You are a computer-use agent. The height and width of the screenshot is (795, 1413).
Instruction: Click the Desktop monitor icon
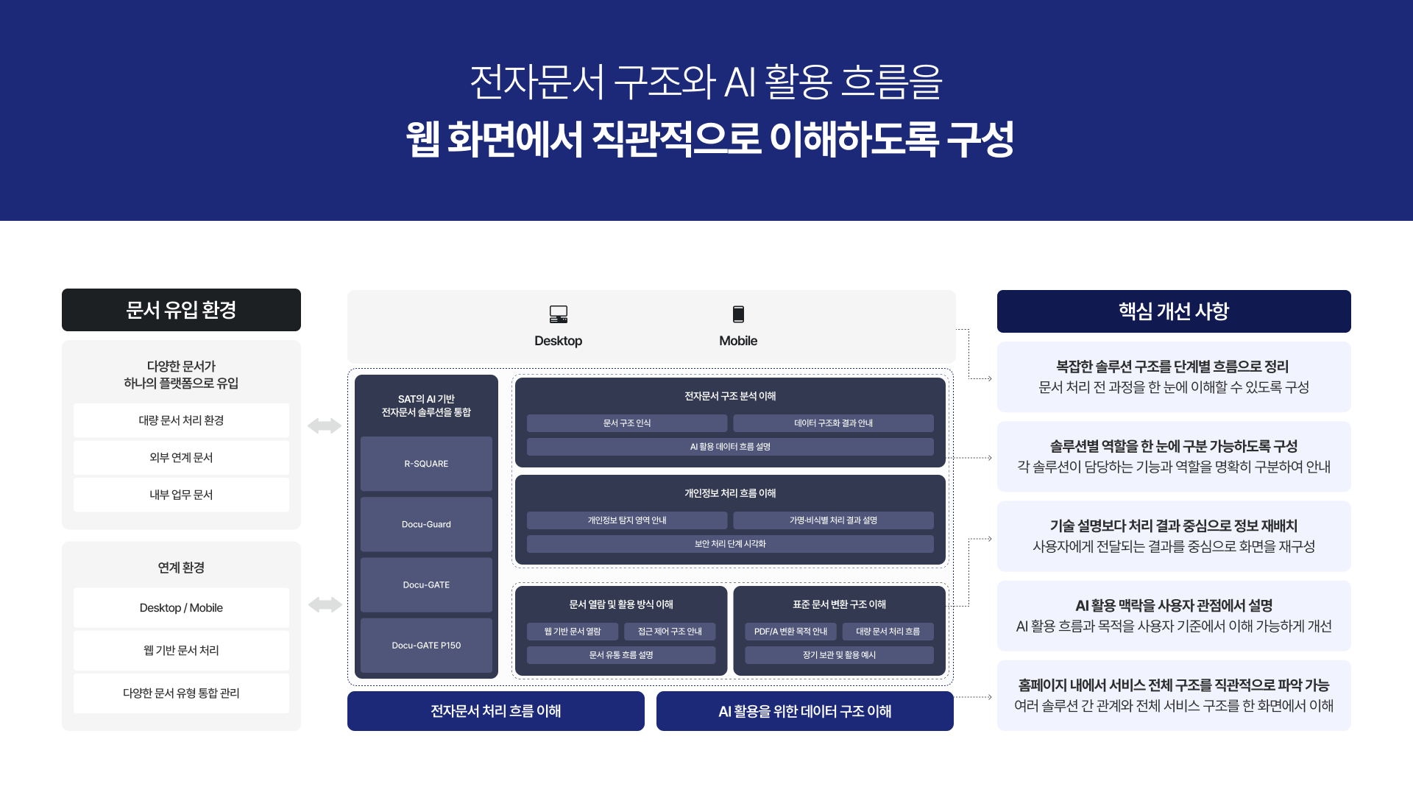[559, 314]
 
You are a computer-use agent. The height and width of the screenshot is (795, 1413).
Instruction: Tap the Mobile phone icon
[738, 314]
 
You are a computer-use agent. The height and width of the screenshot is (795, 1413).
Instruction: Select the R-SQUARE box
[426, 464]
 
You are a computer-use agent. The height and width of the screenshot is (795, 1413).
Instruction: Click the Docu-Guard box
[426, 524]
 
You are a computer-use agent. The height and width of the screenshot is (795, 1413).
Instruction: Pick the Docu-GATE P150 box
[426, 645]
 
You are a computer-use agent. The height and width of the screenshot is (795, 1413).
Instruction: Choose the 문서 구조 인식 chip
[627, 423]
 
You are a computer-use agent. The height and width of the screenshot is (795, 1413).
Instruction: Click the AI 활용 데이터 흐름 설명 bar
[730, 447]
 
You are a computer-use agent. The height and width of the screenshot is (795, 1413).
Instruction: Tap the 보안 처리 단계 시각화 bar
[730, 544]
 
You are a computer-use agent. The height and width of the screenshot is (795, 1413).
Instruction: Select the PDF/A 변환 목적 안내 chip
[790, 632]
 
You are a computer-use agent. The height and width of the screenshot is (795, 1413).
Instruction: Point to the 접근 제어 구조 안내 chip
[670, 632]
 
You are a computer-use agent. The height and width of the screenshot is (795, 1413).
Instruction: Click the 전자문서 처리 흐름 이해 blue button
[496, 711]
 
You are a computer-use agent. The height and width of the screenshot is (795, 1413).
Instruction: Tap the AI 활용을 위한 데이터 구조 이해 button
[805, 711]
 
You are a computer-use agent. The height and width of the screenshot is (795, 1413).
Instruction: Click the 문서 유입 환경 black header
[181, 310]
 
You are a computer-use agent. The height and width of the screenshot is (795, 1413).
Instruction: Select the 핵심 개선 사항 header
[1174, 311]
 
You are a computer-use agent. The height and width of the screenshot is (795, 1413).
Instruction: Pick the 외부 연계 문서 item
[181, 458]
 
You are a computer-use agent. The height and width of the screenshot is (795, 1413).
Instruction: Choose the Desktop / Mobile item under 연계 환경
[181, 608]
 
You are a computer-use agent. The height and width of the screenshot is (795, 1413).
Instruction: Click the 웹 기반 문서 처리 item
[181, 651]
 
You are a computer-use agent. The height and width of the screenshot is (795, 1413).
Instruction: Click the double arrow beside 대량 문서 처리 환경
[325, 425]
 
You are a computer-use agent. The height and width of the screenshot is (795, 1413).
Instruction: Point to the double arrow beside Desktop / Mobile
[325, 605]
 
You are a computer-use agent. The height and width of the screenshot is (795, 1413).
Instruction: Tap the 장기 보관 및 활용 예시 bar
[839, 655]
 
